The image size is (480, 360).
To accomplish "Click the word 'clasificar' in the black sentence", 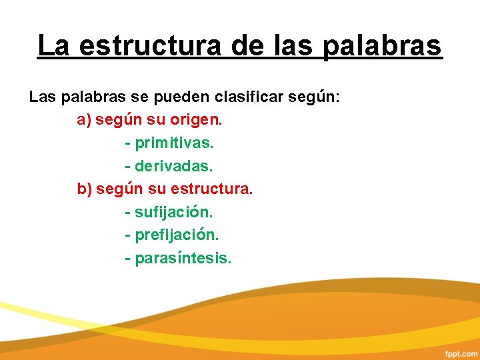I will coord(250,97).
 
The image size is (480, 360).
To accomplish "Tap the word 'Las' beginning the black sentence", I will coord(43,97).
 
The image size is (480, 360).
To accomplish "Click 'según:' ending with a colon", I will coord(314,97).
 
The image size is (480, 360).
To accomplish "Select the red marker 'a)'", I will coord(84,121).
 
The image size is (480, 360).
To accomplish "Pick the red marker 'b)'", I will coord(85,189).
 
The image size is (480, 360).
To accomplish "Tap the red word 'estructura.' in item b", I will coord(212,189).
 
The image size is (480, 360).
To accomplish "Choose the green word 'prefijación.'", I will coord(177,235).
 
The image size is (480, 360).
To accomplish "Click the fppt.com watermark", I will coord(461,351).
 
